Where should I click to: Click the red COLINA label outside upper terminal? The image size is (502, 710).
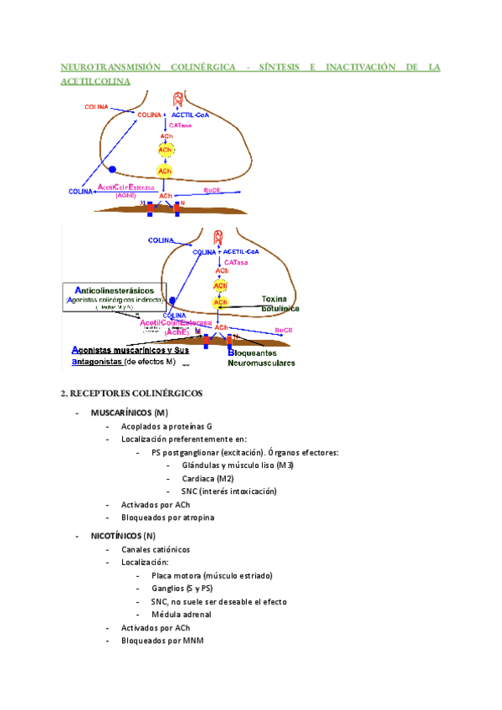tap(97, 106)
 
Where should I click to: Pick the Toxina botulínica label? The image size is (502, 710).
tap(280, 303)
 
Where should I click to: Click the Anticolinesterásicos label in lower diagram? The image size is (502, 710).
tap(118, 290)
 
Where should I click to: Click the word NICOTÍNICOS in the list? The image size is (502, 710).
tap(116, 535)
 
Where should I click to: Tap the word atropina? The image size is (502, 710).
tap(197, 517)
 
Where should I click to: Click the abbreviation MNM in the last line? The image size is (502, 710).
tap(192, 641)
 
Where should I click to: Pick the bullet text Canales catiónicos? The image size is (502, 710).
tap(155, 549)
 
